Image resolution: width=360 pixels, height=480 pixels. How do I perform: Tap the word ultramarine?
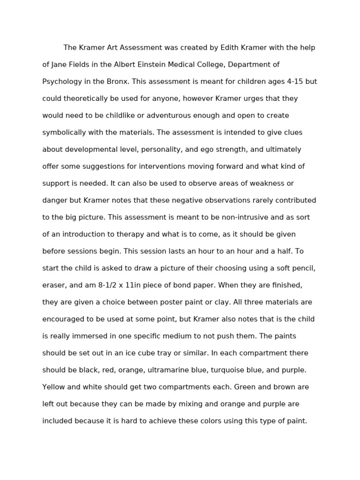(x=170, y=370)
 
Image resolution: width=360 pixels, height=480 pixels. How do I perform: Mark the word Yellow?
(x=54, y=387)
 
